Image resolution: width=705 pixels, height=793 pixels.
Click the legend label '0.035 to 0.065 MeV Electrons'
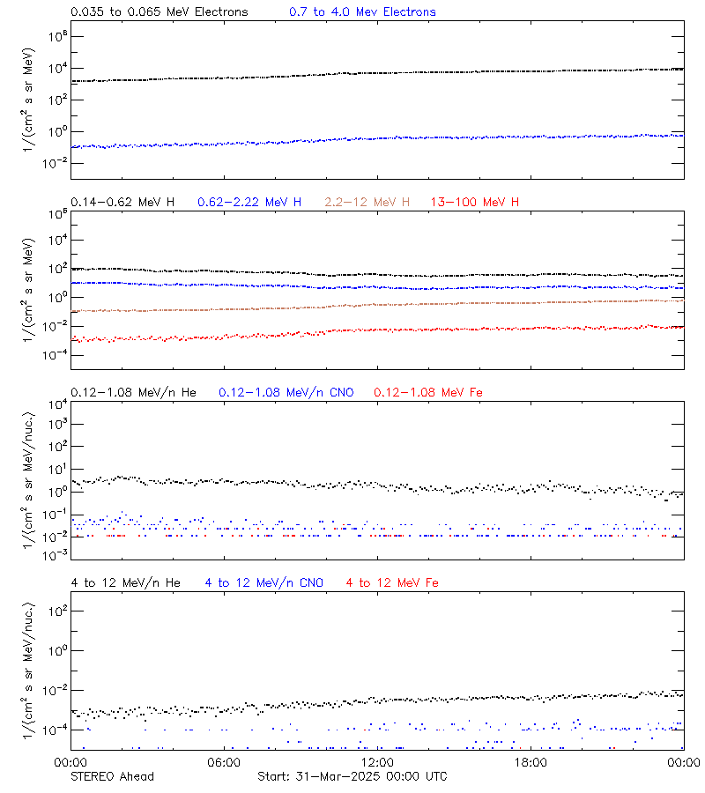pyautogui.click(x=159, y=12)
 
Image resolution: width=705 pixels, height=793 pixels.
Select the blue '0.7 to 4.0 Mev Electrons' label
pyautogui.click(x=362, y=12)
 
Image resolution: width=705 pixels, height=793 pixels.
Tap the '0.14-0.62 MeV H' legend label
pyautogui.click(x=122, y=203)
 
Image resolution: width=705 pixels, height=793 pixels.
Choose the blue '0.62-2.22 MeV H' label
pyautogui.click(x=249, y=203)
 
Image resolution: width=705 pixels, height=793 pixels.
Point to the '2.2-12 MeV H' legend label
pyautogui.click(x=367, y=203)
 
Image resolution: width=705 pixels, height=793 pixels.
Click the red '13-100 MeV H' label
pyautogui.click(x=475, y=203)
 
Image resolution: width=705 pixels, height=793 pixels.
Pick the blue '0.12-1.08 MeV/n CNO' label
pyautogui.click(x=286, y=392)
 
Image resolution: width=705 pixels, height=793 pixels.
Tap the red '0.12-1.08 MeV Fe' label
pyautogui.click(x=428, y=392)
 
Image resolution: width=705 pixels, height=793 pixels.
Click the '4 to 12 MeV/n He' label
pyautogui.click(x=125, y=582)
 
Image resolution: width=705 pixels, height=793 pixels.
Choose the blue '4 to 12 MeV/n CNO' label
pyautogui.click(x=263, y=582)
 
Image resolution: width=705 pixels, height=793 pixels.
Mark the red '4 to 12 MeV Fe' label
pyautogui.click(x=392, y=582)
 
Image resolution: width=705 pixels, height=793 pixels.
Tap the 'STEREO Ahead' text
pyautogui.click(x=112, y=776)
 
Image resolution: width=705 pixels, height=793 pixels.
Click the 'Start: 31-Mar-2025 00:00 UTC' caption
pyautogui.click(x=352, y=776)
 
